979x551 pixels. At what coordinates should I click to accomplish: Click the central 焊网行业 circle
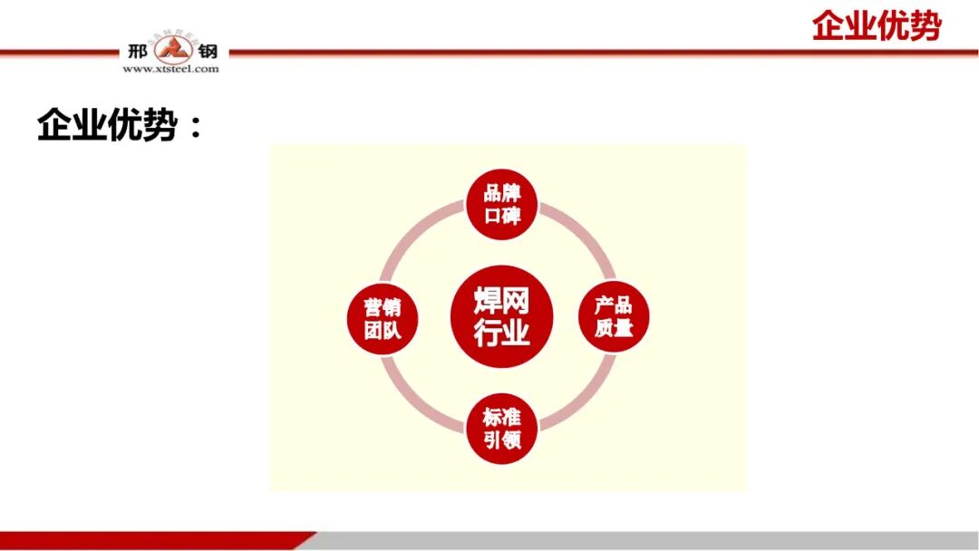[501, 316]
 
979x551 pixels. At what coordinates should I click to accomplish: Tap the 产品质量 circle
[614, 316]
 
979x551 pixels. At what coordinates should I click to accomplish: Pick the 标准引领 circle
[501, 430]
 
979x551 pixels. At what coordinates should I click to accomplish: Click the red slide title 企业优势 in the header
[876, 25]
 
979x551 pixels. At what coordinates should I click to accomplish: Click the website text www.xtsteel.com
[170, 69]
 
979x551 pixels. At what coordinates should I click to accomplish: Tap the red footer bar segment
[154, 541]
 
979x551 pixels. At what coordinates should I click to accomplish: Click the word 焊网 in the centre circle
[501, 300]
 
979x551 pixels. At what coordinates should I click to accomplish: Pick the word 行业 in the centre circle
[501, 333]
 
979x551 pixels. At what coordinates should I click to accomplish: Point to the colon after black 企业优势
[194, 128]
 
